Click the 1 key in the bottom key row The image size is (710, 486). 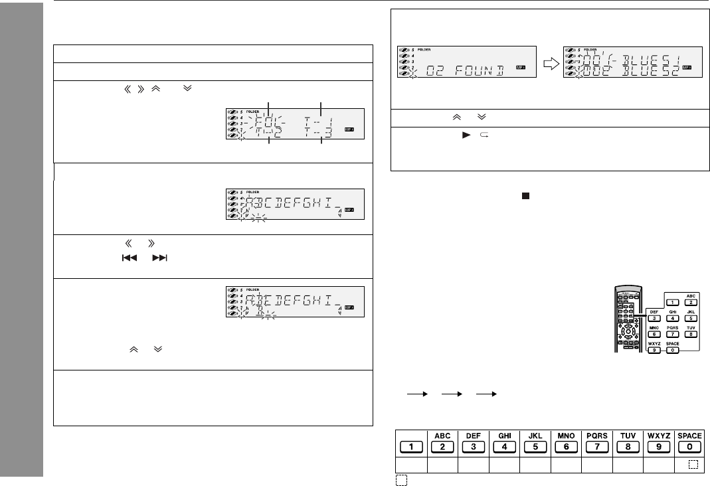tap(410, 445)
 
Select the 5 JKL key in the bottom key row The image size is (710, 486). tap(535, 445)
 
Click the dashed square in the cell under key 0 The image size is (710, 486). tap(693, 465)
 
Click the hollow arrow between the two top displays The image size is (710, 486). tap(549, 64)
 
